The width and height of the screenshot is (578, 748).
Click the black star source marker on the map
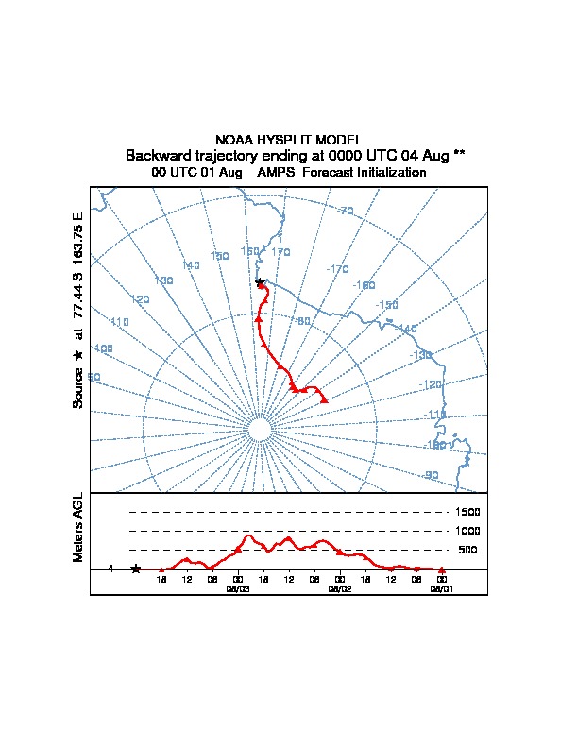tap(260, 282)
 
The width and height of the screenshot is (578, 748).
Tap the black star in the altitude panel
tap(135, 569)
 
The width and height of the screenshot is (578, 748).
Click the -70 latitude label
tap(345, 211)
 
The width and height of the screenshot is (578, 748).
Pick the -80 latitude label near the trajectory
tap(302, 321)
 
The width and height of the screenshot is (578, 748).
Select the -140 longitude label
tap(406, 329)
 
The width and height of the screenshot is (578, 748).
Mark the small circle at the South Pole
tap(259, 430)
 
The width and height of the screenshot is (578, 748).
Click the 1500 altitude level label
tap(468, 512)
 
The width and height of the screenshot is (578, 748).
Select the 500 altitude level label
tap(467, 550)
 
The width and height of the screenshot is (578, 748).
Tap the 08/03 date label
tap(237, 587)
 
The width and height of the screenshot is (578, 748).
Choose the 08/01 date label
tap(442, 587)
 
